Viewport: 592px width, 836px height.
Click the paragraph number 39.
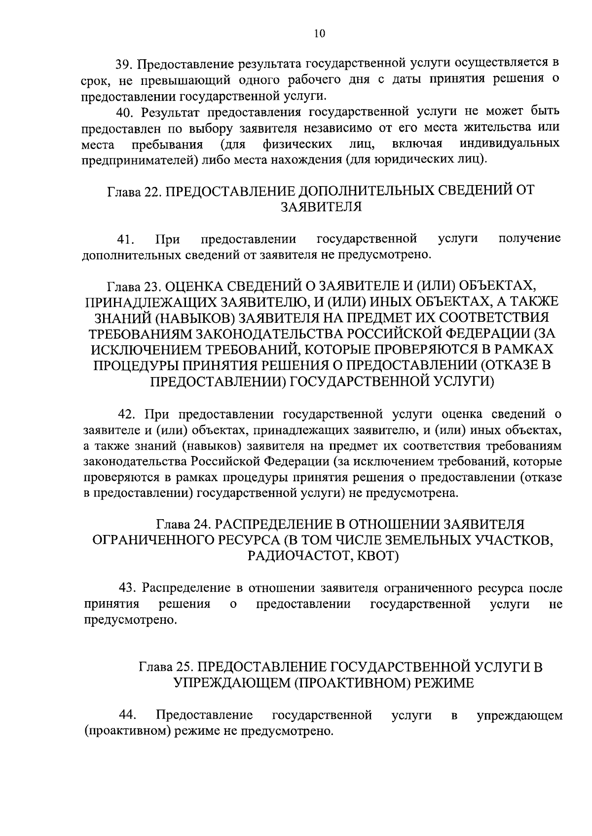click(x=123, y=64)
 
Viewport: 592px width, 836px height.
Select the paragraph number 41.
click(x=126, y=240)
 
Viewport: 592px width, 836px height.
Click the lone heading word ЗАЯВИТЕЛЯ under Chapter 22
click(x=321, y=207)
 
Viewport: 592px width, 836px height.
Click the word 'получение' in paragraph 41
click(x=529, y=239)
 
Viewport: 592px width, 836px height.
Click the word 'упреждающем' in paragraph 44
click(x=519, y=715)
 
